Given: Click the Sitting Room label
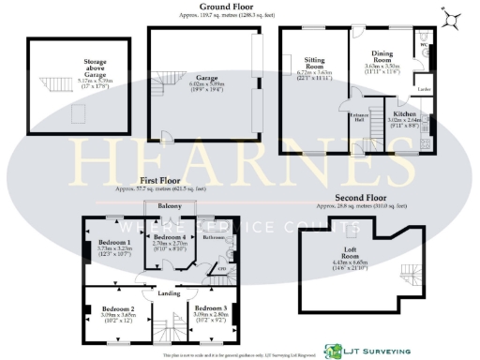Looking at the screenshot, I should click(314, 67).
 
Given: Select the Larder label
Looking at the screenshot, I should click(423, 88).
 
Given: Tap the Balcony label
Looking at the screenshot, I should click(169, 204).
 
